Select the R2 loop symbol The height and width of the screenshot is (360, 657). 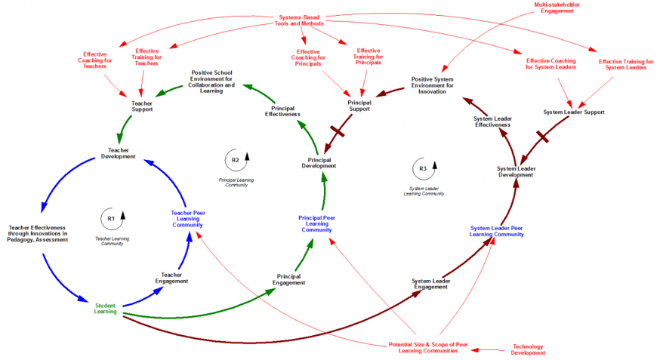pos(235,160)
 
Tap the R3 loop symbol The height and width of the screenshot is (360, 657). pos(423,168)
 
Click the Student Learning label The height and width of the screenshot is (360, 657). pos(106,308)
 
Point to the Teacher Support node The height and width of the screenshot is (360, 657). pos(142,106)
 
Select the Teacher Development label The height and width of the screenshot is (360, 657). pos(119,153)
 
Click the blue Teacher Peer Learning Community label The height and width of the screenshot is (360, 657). pos(187,218)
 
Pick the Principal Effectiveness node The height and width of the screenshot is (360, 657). pos(282,111)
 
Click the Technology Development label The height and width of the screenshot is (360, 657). pos(528,349)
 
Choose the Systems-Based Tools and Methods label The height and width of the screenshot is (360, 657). pos(299,20)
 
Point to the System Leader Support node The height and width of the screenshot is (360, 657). pos(574,112)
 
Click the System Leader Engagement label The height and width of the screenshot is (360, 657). pos(430,284)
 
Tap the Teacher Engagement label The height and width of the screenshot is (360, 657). pos(171,278)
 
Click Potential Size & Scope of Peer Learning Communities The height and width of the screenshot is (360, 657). pos(428,347)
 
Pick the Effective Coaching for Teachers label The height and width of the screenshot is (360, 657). pos(95,60)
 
